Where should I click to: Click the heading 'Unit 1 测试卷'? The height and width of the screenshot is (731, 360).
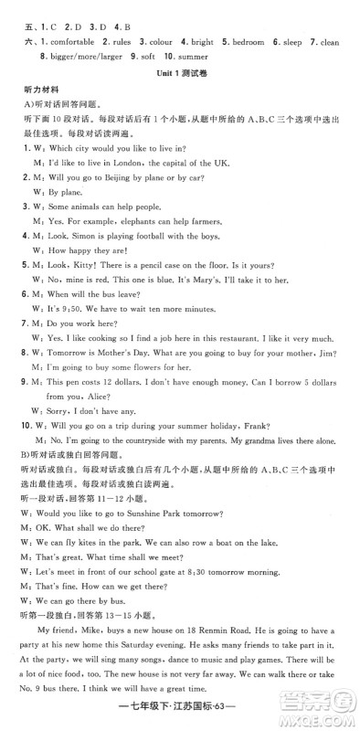pyautogui.click(x=183, y=74)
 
